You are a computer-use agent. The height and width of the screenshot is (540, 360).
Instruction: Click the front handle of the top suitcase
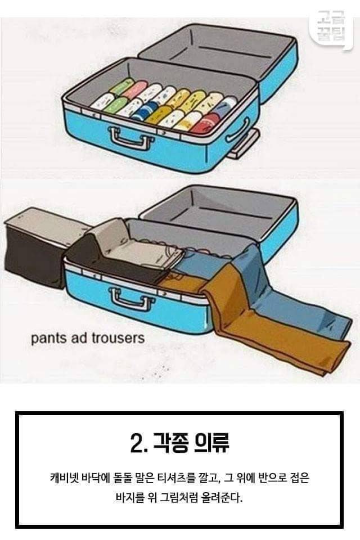pos(130,138)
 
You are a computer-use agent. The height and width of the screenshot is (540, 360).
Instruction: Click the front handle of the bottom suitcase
pos(130,299)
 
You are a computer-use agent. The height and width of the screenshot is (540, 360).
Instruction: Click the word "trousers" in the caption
pos(118,338)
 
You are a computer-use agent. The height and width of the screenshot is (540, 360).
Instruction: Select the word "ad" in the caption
pos(79,338)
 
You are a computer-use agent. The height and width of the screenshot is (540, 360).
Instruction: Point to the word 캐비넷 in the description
pos(64,478)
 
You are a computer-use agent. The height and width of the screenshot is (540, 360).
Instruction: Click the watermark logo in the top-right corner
pos(331,26)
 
